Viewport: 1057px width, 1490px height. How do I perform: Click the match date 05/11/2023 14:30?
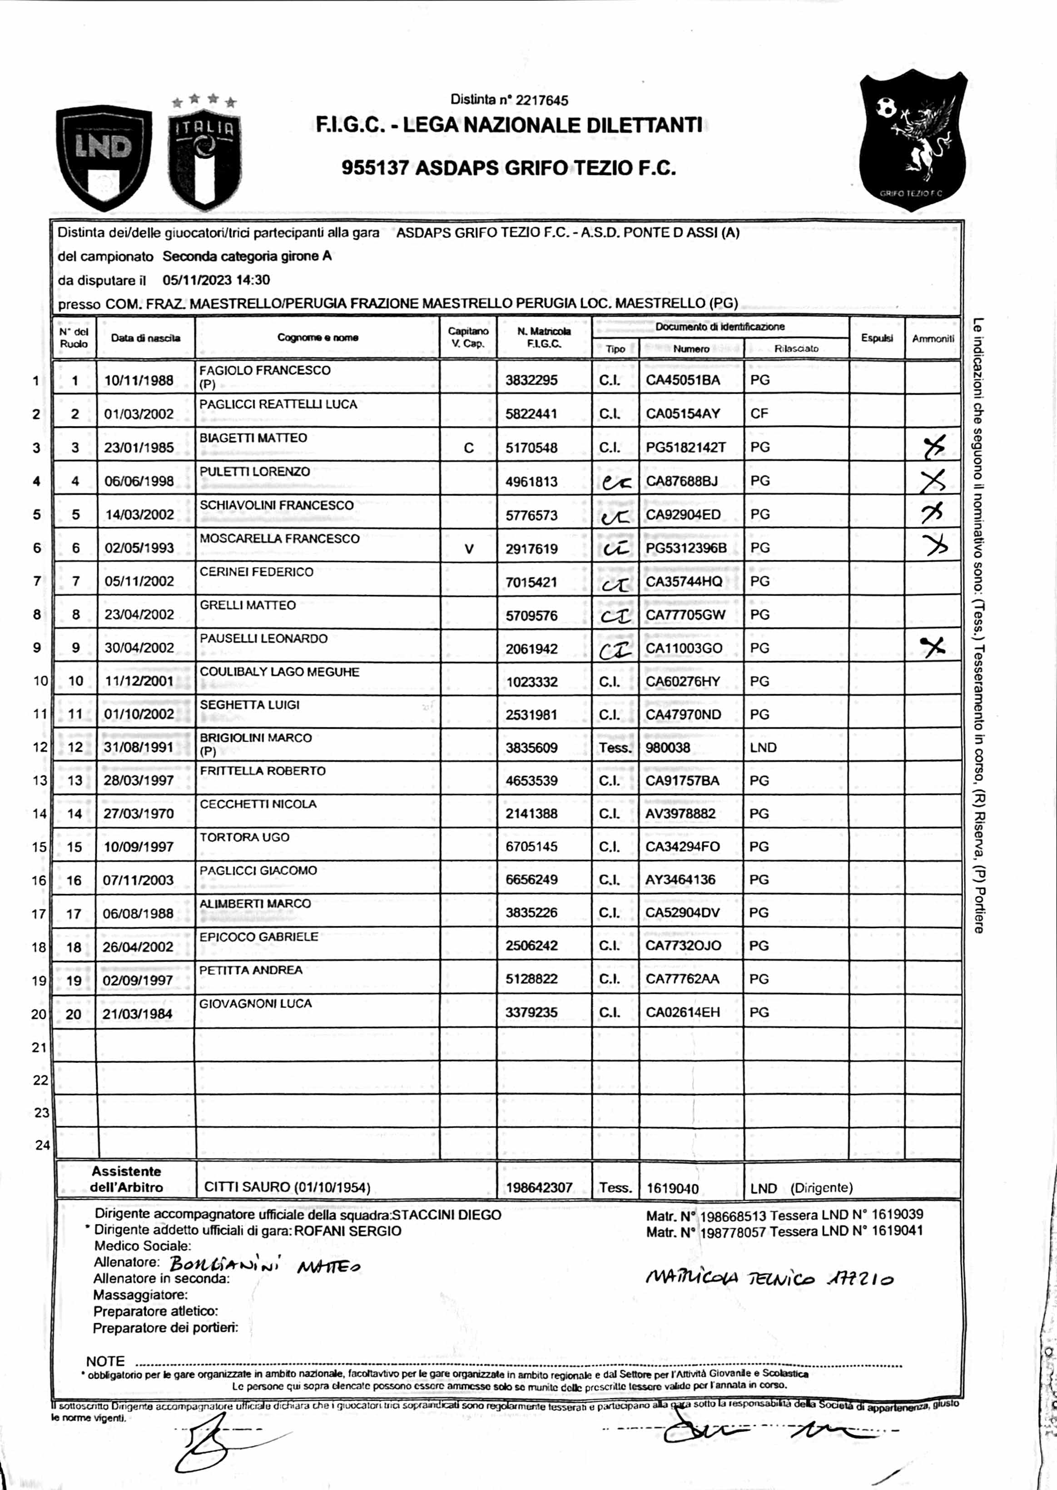(x=216, y=281)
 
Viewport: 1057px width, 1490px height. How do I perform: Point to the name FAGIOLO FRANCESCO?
(x=265, y=370)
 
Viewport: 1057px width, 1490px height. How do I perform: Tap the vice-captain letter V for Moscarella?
(x=469, y=549)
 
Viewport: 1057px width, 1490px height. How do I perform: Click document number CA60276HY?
(x=683, y=681)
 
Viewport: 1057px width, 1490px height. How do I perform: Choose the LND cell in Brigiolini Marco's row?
(x=763, y=747)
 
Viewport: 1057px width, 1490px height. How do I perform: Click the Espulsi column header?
(x=876, y=338)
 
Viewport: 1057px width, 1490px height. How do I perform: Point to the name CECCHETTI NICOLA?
(x=258, y=805)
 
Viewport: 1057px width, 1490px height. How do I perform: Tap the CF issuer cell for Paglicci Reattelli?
(x=759, y=414)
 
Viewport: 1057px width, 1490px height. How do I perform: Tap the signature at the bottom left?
(x=215, y=1450)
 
